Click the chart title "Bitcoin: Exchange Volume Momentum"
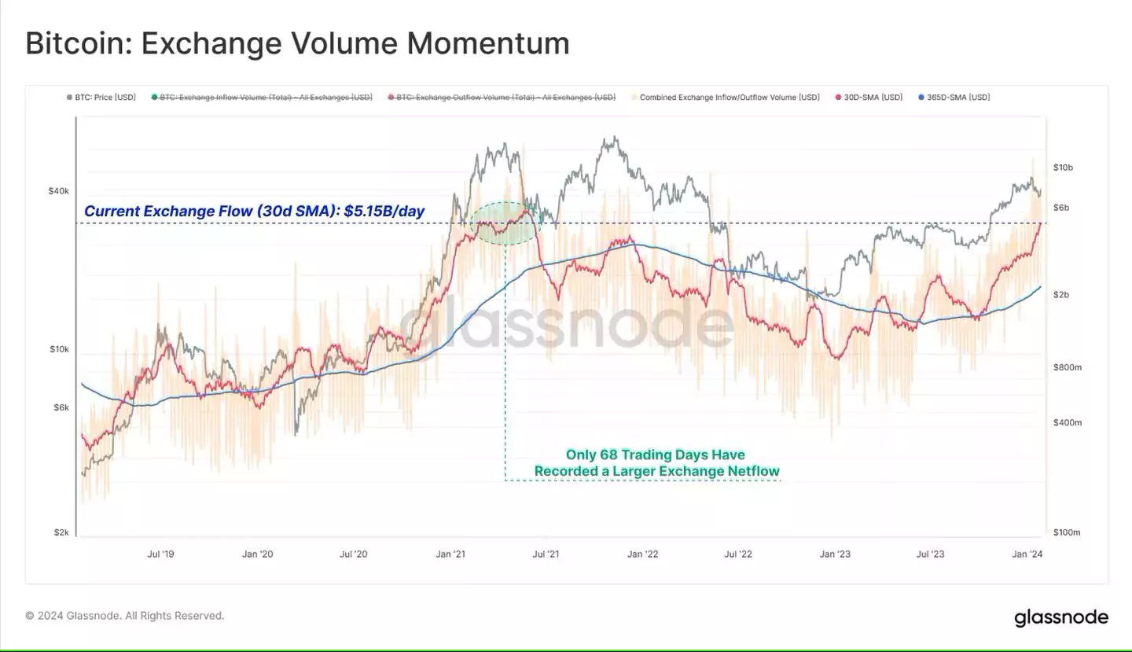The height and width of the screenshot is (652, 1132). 297,43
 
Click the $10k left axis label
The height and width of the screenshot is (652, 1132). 61,348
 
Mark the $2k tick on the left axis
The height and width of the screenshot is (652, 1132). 62,532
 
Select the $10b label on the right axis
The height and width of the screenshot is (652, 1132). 1063,168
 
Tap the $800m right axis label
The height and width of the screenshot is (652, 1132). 1068,367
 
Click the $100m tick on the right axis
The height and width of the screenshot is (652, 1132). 1068,532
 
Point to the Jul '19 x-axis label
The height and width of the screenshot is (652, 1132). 161,554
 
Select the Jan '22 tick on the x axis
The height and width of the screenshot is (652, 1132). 642,554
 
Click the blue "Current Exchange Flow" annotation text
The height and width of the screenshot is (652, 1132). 254,211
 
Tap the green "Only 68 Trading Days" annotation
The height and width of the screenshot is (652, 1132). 656,463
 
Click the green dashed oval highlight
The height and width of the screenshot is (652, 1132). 507,223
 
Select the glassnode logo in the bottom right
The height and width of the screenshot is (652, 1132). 1061,617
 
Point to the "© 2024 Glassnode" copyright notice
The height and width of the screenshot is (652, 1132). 125,616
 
